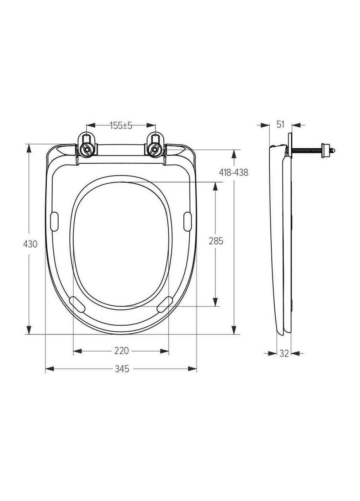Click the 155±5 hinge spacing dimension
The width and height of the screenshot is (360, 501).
click(x=121, y=126)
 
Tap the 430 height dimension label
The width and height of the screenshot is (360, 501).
click(x=30, y=244)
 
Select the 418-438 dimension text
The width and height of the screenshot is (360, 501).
click(x=233, y=173)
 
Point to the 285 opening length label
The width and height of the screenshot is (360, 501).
click(x=216, y=241)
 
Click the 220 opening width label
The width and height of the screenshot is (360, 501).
click(x=122, y=351)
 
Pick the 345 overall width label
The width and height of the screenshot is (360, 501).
click(x=122, y=369)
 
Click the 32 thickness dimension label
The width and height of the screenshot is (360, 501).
click(x=284, y=353)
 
